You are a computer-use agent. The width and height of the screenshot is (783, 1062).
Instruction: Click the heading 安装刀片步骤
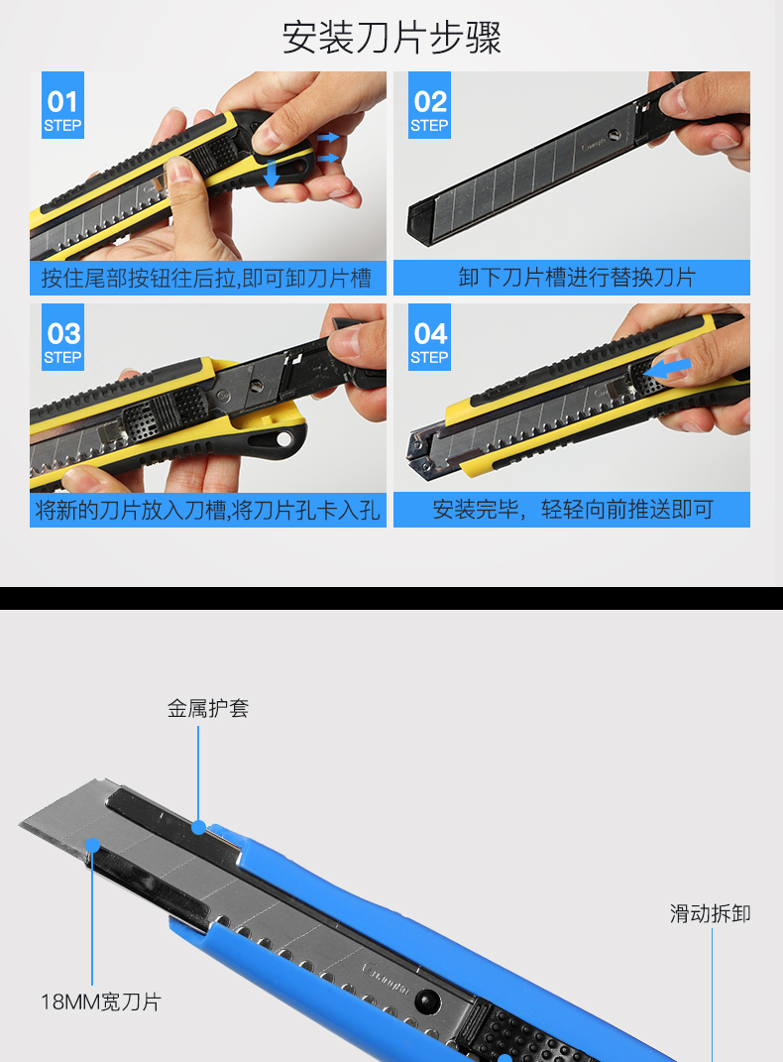[x=391, y=38]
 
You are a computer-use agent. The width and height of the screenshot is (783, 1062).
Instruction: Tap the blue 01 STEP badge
[x=63, y=105]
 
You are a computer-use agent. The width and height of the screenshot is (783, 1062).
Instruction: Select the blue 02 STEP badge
[x=430, y=105]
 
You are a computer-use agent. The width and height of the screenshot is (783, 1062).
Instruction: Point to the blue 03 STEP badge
[x=63, y=336]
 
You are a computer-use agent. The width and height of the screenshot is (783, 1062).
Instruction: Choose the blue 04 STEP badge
[x=430, y=336]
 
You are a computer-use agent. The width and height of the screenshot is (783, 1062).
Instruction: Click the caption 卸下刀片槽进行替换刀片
[x=577, y=277]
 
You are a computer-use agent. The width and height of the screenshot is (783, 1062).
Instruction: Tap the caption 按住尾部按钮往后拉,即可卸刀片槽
[x=206, y=278]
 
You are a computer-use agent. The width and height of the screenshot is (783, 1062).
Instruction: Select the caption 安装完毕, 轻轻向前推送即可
[x=573, y=510]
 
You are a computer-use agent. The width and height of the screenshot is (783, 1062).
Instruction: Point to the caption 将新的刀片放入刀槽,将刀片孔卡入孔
[x=207, y=510]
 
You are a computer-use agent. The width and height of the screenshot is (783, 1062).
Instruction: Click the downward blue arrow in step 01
[x=272, y=174]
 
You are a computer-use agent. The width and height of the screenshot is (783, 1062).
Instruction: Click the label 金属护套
[x=208, y=708]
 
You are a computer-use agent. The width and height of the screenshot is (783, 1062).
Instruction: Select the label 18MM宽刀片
[x=101, y=1002]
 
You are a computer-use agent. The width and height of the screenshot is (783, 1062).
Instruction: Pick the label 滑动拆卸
[x=710, y=913]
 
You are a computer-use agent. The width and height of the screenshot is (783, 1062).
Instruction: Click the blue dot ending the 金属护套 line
[x=198, y=827]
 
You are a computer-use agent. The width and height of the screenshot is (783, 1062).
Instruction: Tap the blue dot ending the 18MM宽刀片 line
[x=93, y=845]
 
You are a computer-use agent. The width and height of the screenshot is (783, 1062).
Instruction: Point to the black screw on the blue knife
[x=427, y=1001]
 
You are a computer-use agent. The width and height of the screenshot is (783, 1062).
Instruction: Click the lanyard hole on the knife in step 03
[x=284, y=439]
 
